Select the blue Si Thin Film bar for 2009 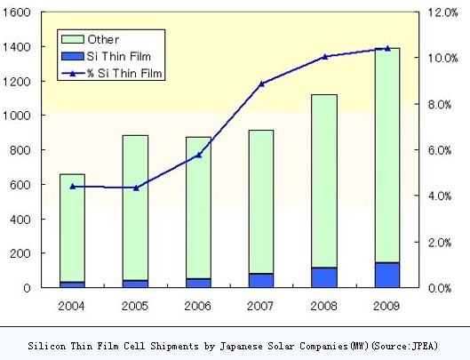pos(386,275)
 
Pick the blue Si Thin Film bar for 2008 pos(324,277)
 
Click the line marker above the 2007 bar pos(261,84)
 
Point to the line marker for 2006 pos(198,155)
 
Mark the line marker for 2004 pos(72,187)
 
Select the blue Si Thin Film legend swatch pos(72,57)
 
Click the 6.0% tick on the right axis pos(442,150)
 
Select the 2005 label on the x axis pos(135,307)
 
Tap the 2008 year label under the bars pos(324,307)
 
